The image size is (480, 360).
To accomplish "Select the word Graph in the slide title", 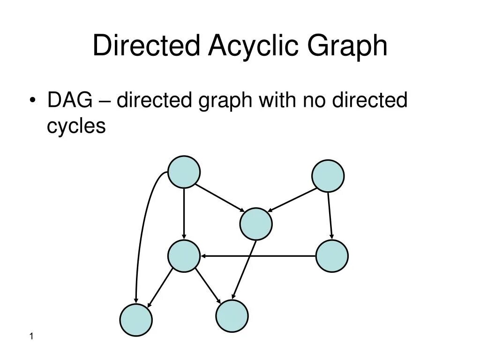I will [347, 46].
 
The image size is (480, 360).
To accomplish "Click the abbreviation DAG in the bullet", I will [69, 100].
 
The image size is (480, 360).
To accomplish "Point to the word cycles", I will [76, 126].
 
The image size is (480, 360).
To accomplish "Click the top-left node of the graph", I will [184, 172].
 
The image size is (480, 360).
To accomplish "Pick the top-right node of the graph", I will [328, 176].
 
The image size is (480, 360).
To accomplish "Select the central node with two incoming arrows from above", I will [256, 224].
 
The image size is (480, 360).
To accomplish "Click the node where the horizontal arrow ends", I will [184, 256].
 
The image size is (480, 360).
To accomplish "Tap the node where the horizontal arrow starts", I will [332, 256].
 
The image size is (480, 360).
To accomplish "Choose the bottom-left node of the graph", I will [136, 320].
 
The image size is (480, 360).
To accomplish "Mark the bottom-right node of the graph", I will [232, 316].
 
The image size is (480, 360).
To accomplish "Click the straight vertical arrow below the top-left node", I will [184, 213].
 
